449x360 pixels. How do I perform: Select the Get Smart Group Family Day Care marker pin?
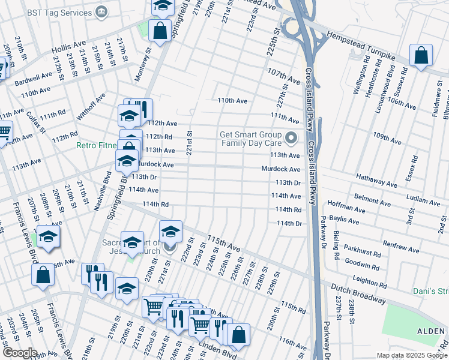click(292, 139)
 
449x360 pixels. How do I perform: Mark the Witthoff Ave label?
click(92, 105)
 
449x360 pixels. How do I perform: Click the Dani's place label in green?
click(430, 292)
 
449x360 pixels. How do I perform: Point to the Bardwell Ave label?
click(34, 79)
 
